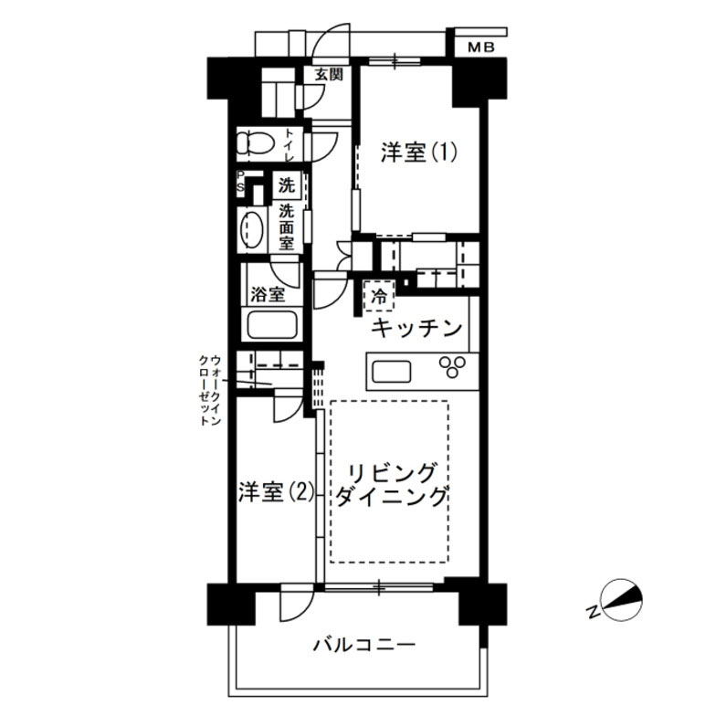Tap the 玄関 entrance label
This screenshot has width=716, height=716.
(x=330, y=75)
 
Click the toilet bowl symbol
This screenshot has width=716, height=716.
(x=251, y=143)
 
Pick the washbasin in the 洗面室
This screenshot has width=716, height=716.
(x=251, y=229)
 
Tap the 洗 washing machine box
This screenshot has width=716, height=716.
(x=288, y=184)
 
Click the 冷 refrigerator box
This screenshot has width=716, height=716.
(x=378, y=296)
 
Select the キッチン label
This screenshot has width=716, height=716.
(x=416, y=329)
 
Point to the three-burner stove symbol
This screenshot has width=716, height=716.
(x=452, y=367)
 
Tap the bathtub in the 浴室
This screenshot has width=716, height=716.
(x=272, y=324)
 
